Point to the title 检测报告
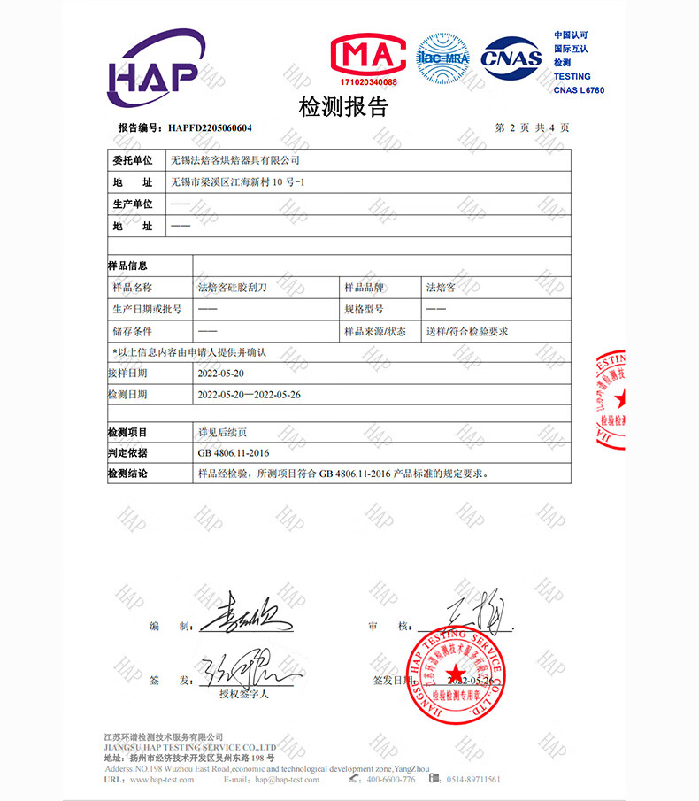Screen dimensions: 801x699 [343, 108]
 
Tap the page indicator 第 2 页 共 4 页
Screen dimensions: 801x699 [532, 127]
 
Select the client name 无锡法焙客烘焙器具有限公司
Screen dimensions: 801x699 [234, 160]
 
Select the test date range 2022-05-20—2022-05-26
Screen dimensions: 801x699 [250, 395]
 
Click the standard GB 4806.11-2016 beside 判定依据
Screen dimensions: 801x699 [234, 453]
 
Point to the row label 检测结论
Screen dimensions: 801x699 [127, 474]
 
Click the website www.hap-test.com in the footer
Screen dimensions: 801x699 [163, 780]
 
